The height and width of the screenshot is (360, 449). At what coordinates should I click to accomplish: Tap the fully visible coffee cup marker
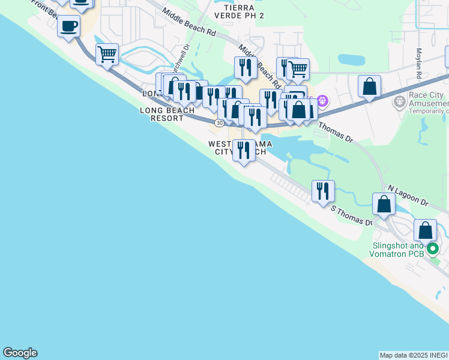[x=69, y=26]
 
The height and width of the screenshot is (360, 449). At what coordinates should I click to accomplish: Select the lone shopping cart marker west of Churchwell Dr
[x=107, y=55]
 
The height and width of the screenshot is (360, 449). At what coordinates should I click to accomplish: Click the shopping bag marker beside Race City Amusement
[x=369, y=86]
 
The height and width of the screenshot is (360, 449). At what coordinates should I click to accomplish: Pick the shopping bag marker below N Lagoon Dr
[x=384, y=204]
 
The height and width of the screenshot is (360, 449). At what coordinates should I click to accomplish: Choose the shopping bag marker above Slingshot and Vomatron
[x=425, y=230]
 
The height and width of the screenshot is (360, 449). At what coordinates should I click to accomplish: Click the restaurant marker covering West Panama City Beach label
[x=243, y=150]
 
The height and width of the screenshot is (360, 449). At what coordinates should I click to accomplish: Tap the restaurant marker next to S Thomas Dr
[x=323, y=191]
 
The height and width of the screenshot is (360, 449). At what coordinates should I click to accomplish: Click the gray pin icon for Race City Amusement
[x=399, y=102]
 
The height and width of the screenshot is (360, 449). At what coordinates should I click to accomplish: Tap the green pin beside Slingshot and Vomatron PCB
[x=432, y=248]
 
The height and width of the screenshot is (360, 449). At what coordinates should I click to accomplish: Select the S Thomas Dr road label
[x=352, y=216]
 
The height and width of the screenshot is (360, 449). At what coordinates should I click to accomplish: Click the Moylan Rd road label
[x=418, y=63]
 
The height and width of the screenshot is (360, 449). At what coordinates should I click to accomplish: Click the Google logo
[x=20, y=353]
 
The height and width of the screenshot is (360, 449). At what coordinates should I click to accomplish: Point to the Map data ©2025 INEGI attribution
[x=414, y=355]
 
